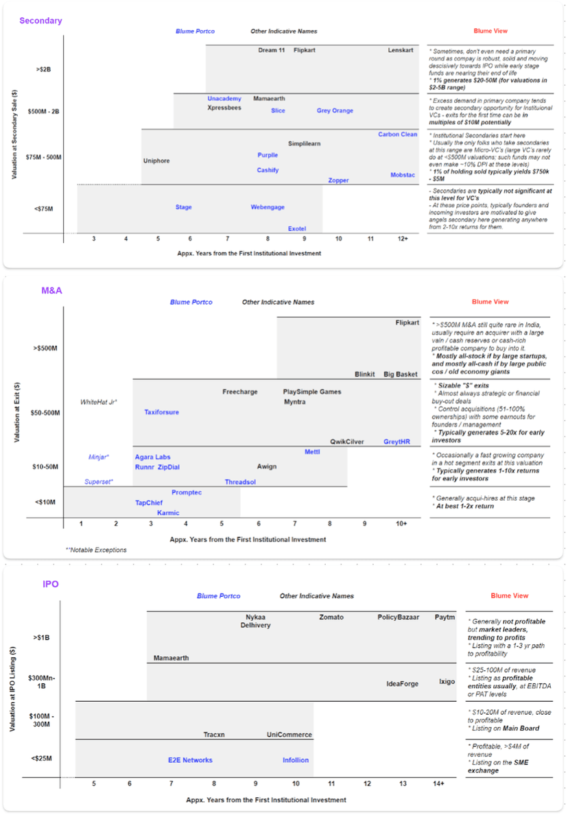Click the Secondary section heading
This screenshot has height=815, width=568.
(40, 21)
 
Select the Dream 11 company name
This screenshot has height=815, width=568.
(272, 50)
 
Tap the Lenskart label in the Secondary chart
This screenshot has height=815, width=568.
(401, 50)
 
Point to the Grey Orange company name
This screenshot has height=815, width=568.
(335, 110)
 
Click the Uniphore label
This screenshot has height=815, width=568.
(156, 161)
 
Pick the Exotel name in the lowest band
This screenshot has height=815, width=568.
(297, 228)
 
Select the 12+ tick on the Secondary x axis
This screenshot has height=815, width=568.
(402, 238)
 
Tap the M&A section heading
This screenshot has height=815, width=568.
(51, 291)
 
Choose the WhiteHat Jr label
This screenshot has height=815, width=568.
(99, 401)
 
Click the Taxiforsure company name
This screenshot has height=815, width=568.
(161, 412)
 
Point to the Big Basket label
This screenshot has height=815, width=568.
(401, 374)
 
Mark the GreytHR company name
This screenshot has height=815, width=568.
(397, 442)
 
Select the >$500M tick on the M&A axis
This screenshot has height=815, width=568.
(45, 349)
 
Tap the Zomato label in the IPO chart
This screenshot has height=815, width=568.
(331, 617)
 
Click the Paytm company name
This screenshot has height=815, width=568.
(445, 617)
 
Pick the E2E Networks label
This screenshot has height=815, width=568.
(190, 760)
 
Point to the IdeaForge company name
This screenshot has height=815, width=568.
(403, 683)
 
